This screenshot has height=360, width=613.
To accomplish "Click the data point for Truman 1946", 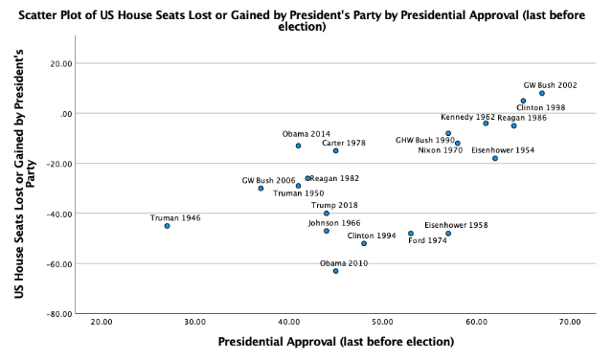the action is click(x=167, y=226).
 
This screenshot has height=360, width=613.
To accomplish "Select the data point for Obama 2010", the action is click(x=336, y=271).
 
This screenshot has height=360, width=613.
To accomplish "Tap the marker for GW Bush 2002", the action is click(x=542, y=94).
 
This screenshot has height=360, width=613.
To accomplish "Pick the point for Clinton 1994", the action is click(x=364, y=243).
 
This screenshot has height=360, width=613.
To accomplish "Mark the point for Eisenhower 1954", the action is click(x=495, y=158).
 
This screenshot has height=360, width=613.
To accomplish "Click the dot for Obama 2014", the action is click(x=298, y=146).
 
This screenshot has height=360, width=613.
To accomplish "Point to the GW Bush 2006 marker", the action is click(x=261, y=189).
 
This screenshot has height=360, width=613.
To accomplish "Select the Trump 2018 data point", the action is click(x=327, y=214).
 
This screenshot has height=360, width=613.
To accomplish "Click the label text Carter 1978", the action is click(x=344, y=143).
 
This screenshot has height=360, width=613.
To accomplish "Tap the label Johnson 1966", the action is click(x=334, y=223).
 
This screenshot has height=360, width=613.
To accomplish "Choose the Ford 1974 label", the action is click(x=427, y=240).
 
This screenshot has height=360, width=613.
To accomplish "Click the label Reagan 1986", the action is click(x=522, y=118).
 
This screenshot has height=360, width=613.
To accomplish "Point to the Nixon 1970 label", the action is click(x=441, y=150).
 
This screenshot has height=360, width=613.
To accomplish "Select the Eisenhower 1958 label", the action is click(x=456, y=225).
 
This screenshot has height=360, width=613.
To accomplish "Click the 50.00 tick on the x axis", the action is click(x=382, y=322).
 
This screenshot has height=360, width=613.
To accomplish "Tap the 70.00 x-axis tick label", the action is click(x=570, y=322).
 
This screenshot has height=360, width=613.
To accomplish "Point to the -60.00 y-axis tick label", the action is click(x=59, y=264).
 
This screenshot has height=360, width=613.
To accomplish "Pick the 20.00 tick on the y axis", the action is click(x=61, y=64).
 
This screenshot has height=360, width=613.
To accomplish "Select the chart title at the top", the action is click(x=302, y=21).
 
